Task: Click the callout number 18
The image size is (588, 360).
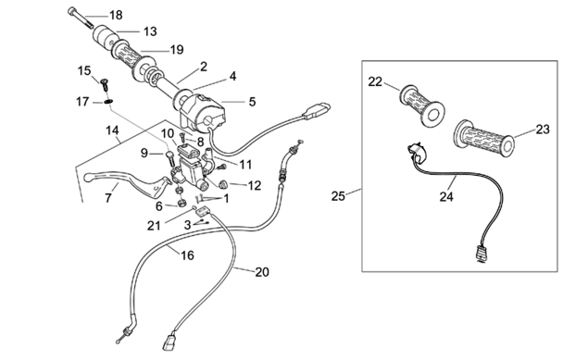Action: (x=116, y=15)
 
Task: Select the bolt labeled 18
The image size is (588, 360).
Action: (x=81, y=18)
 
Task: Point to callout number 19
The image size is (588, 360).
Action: (x=177, y=49)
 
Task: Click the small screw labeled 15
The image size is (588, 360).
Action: (x=105, y=84)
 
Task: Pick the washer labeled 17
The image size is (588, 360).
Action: (x=108, y=102)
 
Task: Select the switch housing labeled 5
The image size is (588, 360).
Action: (x=202, y=111)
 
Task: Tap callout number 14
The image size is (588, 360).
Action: (x=112, y=130)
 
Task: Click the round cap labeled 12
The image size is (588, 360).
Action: (x=224, y=184)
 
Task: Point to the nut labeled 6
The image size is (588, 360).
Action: (x=181, y=203)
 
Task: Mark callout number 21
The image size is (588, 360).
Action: (x=154, y=226)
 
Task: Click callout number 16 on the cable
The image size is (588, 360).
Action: (x=187, y=255)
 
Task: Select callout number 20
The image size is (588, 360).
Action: (x=262, y=272)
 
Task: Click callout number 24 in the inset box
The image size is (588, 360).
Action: (x=446, y=197)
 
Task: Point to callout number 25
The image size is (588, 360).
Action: (x=338, y=196)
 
